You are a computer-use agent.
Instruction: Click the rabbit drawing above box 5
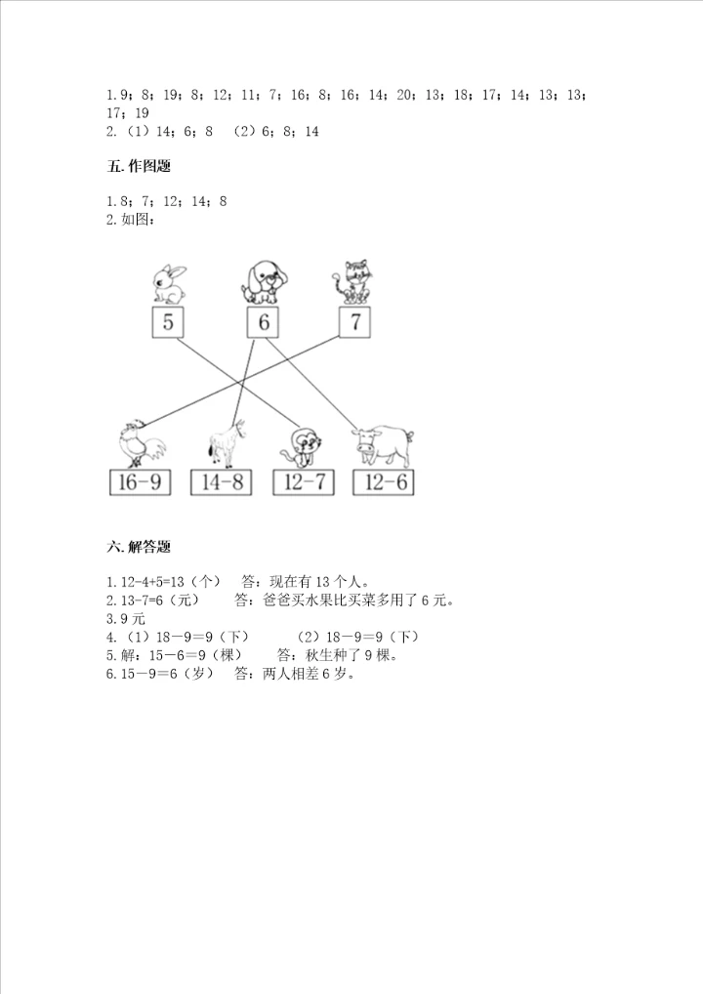tap(168, 282)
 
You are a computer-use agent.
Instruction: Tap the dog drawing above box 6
tap(262, 281)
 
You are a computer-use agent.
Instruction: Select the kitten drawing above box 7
tap(352, 281)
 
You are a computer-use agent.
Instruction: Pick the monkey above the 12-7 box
tap(300, 446)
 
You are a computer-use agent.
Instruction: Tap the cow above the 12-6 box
tap(384, 444)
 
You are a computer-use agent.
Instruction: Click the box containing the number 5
tap(168, 323)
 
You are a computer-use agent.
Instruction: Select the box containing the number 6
tap(262, 323)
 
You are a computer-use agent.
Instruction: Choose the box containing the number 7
tap(355, 323)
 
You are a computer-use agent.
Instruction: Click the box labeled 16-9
tap(140, 482)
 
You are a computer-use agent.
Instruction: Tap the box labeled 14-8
tap(224, 482)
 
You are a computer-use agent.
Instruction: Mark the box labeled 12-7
tap(306, 482)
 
